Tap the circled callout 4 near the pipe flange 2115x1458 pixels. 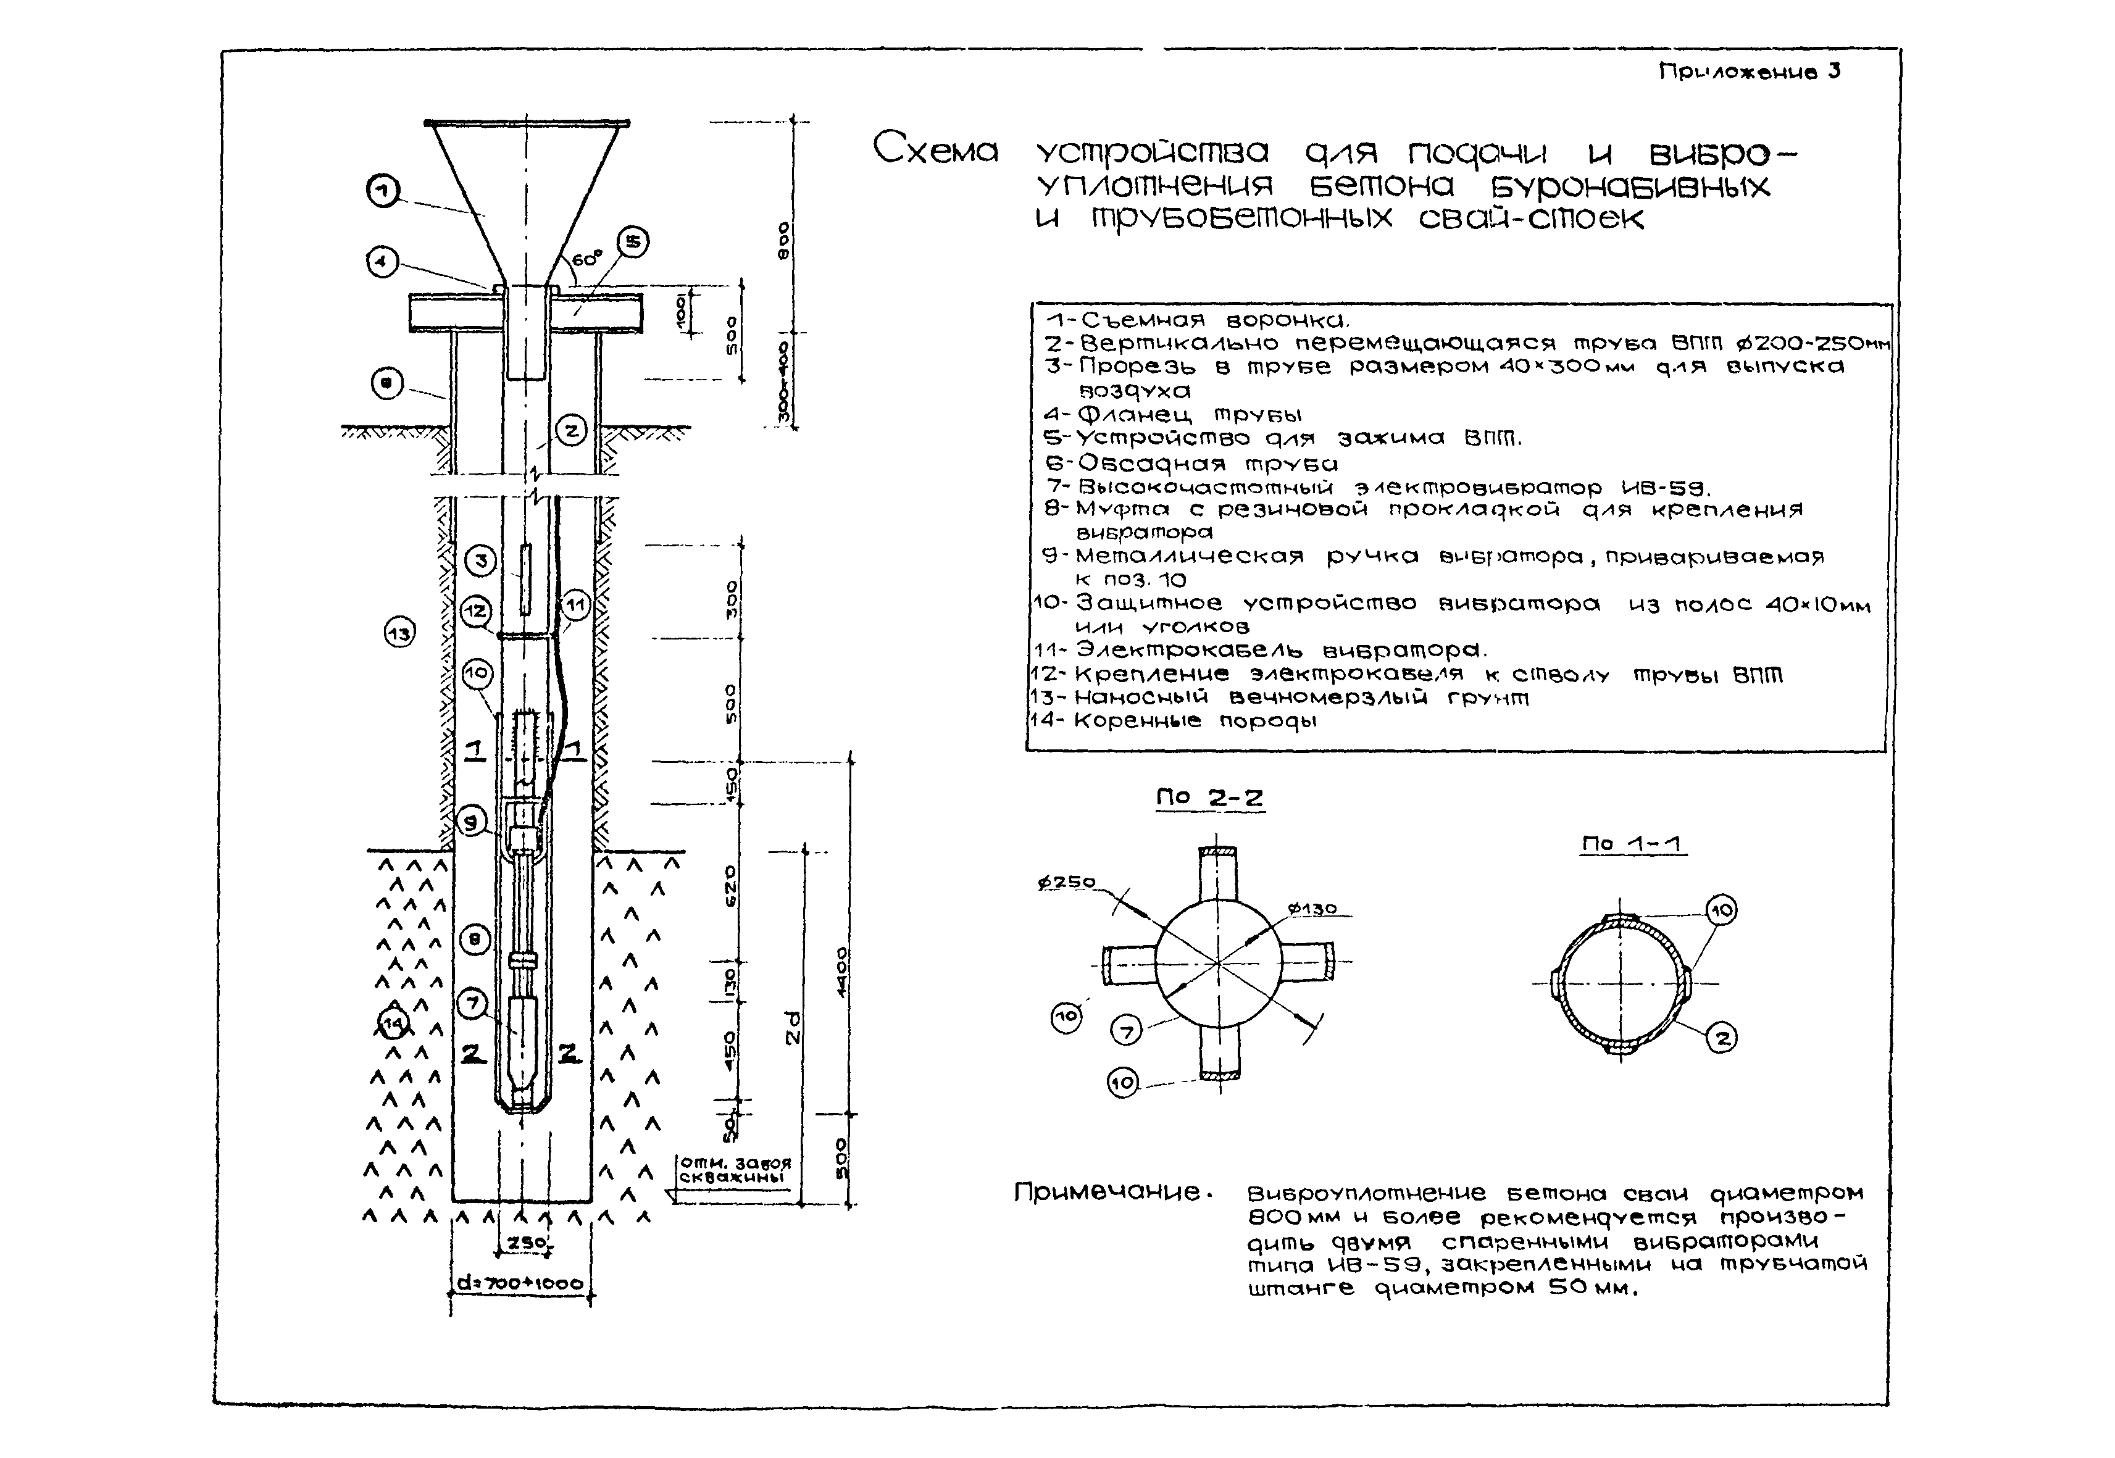[382, 263]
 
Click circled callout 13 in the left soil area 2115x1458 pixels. [399, 632]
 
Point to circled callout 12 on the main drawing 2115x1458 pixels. [476, 611]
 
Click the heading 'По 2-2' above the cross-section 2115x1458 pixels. [1209, 798]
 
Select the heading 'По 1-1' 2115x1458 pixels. [1633, 843]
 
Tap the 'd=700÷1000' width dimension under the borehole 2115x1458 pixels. [520, 1283]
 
